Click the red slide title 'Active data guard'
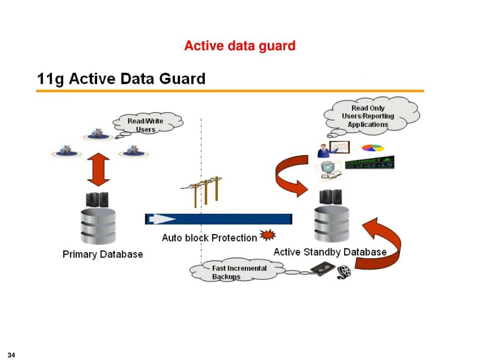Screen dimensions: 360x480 (240, 46)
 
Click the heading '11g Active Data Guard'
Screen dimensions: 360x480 (121, 78)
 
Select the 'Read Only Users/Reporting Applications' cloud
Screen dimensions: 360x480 (368, 116)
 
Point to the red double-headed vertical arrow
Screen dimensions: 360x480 (98, 169)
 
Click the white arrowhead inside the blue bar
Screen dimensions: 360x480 (162, 219)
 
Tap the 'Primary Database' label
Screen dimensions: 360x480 (103, 255)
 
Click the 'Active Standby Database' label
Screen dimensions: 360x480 (330, 252)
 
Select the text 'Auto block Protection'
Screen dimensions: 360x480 (209, 238)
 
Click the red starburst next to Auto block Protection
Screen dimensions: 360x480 (268, 235)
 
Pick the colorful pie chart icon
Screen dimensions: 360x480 (373, 148)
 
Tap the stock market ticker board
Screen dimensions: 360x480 (369, 163)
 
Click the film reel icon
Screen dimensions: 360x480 (344, 271)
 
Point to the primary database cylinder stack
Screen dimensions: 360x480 (98, 225)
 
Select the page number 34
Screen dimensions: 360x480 (12, 355)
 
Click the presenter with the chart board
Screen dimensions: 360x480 (333, 149)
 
